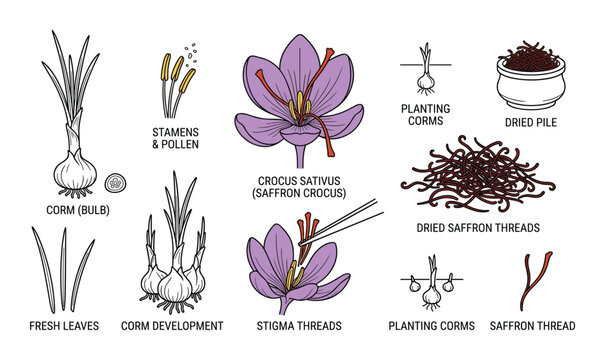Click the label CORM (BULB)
click(x=75, y=209)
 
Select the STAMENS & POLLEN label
click(x=176, y=137)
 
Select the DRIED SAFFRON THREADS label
click(x=478, y=227)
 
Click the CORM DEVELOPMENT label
click(x=172, y=326)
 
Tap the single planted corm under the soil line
click(x=426, y=74)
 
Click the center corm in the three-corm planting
click(x=433, y=294)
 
